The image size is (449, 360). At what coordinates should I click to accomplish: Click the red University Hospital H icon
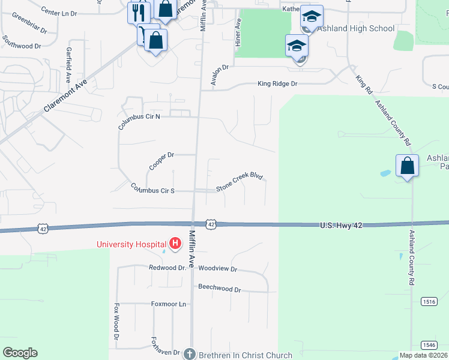[x=175, y=243]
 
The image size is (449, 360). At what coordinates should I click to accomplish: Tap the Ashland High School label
[x=357, y=28]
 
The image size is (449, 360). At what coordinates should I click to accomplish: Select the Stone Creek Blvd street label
[x=240, y=182]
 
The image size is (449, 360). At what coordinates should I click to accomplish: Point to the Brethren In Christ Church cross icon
[x=190, y=354]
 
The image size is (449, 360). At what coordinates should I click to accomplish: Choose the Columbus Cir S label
[x=152, y=190]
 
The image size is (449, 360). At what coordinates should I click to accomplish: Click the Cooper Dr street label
[x=161, y=160]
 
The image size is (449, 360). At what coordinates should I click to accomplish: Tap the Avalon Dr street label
[x=220, y=75]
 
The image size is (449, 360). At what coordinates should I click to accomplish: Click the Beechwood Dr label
[x=219, y=289]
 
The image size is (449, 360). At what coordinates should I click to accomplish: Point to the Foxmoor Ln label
[x=169, y=304]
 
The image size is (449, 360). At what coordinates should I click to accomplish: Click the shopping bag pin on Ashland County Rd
[x=407, y=165]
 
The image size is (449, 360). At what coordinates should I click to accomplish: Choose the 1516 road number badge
[x=428, y=301]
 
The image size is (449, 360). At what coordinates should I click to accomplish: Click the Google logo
[x=20, y=353]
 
